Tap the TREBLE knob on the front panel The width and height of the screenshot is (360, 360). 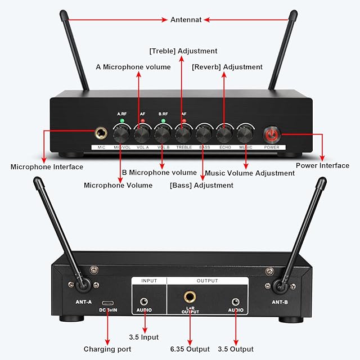tap(182, 134)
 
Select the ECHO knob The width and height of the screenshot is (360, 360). tap(224, 134)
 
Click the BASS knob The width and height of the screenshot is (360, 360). tap(203, 134)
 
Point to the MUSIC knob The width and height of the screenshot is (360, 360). tap(245, 134)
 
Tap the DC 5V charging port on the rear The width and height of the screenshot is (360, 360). tap(107, 303)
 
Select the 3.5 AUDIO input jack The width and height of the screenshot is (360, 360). tap(144, 302)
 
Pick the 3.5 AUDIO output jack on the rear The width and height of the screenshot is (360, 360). tap(235, 302)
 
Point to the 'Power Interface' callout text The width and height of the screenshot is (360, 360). tap(322, 165)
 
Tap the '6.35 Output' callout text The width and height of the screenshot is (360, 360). tap(190, 349)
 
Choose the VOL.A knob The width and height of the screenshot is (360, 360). tap(141, 134)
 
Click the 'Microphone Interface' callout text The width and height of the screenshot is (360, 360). tap(47, 166)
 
